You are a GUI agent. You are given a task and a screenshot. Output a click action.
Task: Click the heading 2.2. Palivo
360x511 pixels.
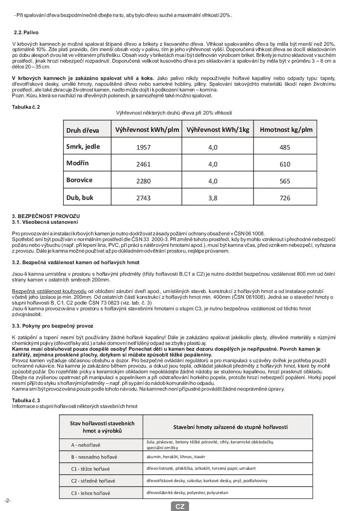26,33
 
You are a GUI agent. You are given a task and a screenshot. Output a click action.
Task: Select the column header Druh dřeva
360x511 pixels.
83,130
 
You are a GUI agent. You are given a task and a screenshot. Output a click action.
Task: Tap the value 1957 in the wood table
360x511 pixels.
143,148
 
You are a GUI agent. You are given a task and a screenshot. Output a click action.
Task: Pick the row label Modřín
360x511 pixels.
77,163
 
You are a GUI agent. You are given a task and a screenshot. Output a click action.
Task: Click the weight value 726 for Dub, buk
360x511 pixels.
285,198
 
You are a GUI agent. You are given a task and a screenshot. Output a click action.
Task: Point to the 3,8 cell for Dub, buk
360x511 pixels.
213,198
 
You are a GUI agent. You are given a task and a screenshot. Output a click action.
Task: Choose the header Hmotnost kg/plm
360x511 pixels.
286,130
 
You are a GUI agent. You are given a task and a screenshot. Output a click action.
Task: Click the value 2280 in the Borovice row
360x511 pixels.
143,181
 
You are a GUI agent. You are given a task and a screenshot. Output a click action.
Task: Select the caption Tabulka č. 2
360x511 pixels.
26,107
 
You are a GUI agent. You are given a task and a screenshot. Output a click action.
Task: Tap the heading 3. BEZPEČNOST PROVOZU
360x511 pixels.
46,216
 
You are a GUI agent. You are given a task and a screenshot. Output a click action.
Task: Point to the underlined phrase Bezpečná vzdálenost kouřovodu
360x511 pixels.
49,291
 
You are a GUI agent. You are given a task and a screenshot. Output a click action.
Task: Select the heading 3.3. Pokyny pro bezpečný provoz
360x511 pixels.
52,326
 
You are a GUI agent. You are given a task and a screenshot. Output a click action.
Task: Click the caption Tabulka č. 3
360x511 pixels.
26,401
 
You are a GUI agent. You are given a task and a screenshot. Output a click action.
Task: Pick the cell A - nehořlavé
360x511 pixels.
86,445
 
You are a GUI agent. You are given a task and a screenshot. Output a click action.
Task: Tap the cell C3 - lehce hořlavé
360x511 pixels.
91,493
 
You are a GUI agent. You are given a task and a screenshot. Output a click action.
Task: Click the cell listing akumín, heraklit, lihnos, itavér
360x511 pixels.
176,457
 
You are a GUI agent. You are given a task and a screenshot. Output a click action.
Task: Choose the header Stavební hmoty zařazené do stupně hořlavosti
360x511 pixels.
230,427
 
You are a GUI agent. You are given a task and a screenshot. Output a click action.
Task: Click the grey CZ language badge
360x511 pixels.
180,506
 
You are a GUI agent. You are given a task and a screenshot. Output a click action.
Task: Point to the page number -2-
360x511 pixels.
8,501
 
